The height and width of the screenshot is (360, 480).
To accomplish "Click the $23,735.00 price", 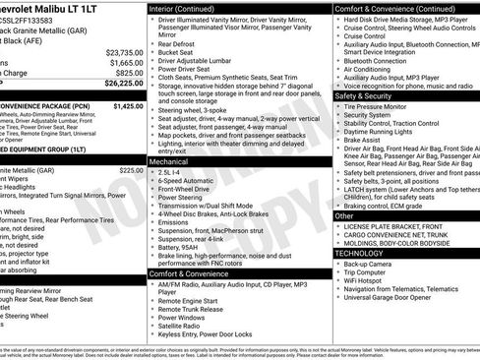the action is click(123, 51).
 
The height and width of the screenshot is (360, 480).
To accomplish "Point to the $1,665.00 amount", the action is click(126, 62).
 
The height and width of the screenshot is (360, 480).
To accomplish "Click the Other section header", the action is click(344, 214).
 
